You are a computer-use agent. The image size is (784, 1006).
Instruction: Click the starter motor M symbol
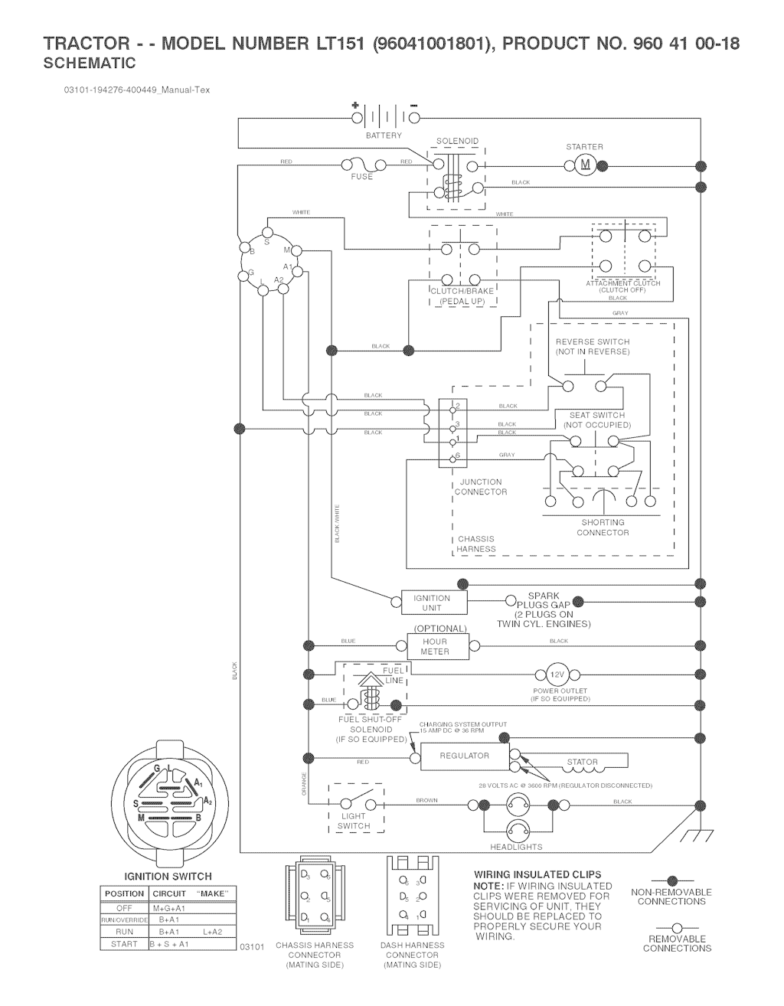click(x=586, y=165)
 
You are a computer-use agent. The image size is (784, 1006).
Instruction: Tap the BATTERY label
click(x=384, y=136)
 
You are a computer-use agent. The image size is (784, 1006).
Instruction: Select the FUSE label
click(x=362, y=177)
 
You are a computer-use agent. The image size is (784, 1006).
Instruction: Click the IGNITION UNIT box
click(x=433, y=603)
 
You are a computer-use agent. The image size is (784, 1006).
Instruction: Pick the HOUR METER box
click(x=435, y=647)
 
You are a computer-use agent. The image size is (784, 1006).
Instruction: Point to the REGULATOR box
click(x=464, y=756)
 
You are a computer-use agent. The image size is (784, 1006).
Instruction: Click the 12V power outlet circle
click(x=557, y=674)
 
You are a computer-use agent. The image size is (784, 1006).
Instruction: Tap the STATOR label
click(x=582, y=763)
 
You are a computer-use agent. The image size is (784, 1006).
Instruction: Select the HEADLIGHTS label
click(x=516, y=847)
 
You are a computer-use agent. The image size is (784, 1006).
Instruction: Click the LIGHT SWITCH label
click(x=353, y=821)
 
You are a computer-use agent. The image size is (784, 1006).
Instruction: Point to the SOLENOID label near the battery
click(x=457, y=142)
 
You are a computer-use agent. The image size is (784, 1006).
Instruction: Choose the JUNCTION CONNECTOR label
click(x=481, y=487)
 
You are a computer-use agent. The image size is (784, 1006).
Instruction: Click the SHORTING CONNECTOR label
click(x=603, y=527)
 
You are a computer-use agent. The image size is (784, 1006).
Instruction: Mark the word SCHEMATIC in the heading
click(x=90, y=64)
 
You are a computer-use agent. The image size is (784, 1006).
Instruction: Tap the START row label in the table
click(x=124, y=944)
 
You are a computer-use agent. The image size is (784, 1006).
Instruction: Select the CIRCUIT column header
click(x=169, y=893)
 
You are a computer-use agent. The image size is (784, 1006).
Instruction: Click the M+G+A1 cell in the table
click(x=169, y=908)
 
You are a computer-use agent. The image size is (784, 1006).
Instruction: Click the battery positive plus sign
click(x=355, y=105)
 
